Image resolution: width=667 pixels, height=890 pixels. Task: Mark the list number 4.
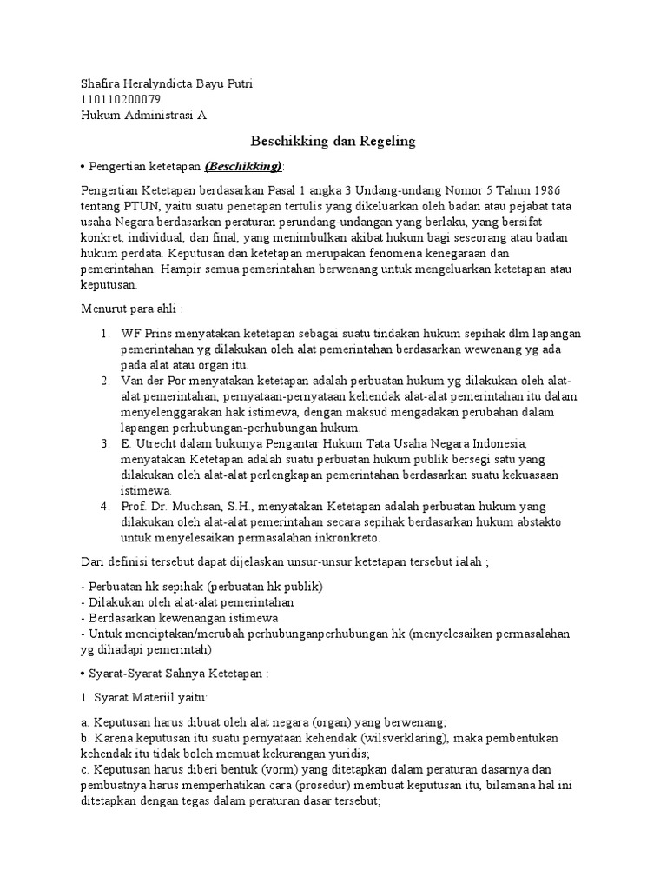point(104,507)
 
